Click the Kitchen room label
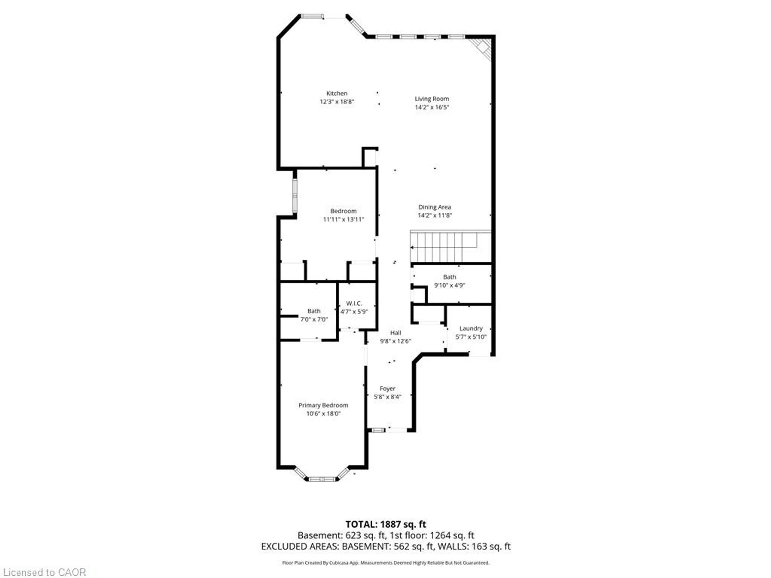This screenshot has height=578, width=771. click(x=337, y=94)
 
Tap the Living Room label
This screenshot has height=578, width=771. click(x=432, y=99)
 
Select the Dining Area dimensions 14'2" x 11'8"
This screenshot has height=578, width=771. click(x=435, y=216)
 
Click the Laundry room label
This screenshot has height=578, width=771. click(x=471, y=328)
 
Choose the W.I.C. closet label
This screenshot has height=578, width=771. click(x=354, y=303)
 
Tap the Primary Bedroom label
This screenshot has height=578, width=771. click(x=323, y=405)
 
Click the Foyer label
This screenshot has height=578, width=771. click(x=388, y=389)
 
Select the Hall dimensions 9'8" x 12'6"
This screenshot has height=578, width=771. click(x=396, y=341)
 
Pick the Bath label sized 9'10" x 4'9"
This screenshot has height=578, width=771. click(x=449, y=277)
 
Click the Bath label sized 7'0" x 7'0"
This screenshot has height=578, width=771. click(x=314, y=311)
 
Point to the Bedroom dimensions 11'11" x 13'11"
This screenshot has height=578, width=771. click(x=343, y=220)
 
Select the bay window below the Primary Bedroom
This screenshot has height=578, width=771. click(x=322, y=476)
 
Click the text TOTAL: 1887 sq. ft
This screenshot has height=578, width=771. click(x=386, y=524)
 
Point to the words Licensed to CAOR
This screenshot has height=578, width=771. click(x=45, y=572)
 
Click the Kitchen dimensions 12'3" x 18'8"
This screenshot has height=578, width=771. click(x=337, y=102)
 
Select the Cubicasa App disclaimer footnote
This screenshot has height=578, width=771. click(x=386, y=563)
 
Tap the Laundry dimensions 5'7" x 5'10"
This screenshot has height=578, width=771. click(x=471, y=337)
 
